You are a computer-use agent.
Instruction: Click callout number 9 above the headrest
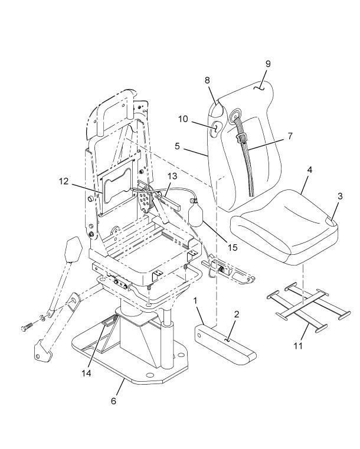click(268, 64)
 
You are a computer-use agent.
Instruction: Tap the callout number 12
click(64, 181)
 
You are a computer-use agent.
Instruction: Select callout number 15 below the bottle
click(233, 247)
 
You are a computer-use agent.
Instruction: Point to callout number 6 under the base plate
click(114, 401)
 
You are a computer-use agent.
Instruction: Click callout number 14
click(86, 373)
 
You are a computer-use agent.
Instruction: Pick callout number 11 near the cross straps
click(298, 346)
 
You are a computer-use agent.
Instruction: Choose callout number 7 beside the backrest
click(290, 136)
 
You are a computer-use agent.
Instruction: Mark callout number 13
click(173, 176)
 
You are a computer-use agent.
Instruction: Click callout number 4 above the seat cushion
click(309, 170)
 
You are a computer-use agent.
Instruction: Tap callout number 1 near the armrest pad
click(195, 301)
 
